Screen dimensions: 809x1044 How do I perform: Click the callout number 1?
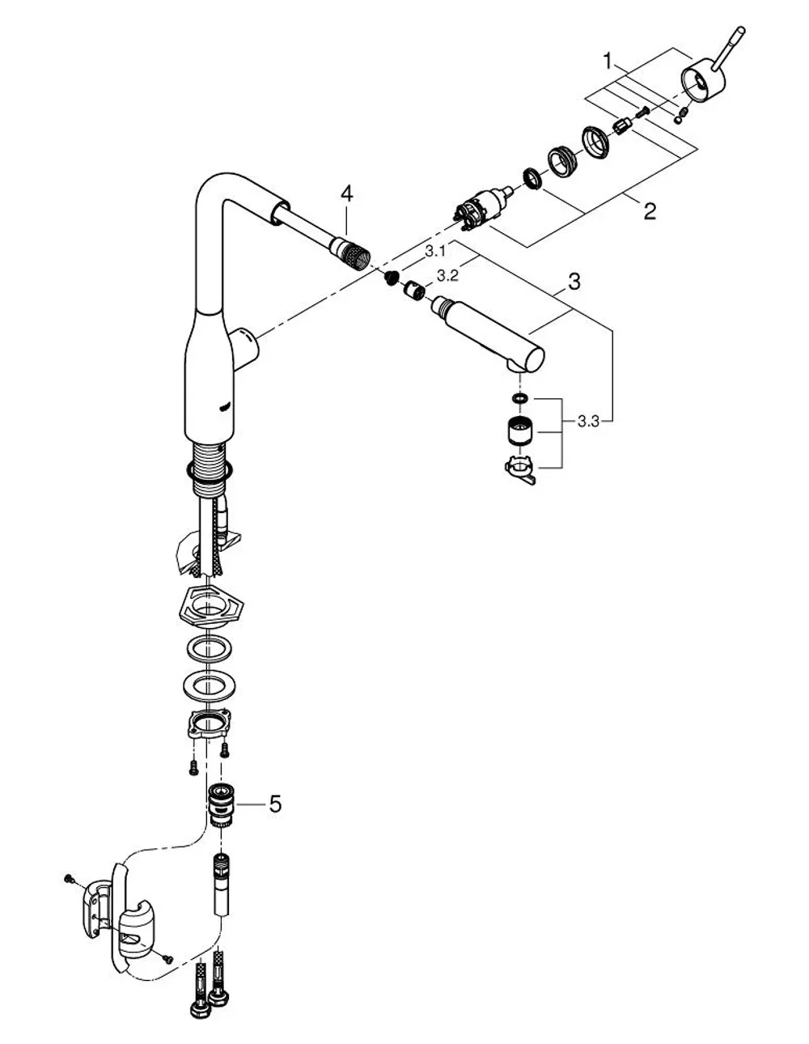pyautogui.click(x=608, y=62)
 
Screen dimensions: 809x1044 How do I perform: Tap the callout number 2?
pyautogui.click(x=650, y=211)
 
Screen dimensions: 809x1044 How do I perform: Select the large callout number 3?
pyautogui.click(x=574, y=282)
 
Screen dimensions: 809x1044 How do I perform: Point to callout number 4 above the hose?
pyautogui.click(x=346, y=194)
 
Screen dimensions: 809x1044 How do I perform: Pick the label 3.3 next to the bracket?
pyautogui.click(x=588, y=422)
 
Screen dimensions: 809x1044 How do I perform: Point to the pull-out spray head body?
pyautogui.click(x=489, y=334)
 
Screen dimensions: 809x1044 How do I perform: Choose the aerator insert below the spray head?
pyautogui.click(x=521, y=431)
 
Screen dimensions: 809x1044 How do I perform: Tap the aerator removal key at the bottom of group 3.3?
pyautogui.click(x=520, y=469)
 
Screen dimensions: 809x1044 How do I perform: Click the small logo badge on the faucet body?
pyautogui.click(x=225, y=406)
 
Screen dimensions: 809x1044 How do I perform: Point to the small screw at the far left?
pyautogui.click(x=70, y=878)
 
